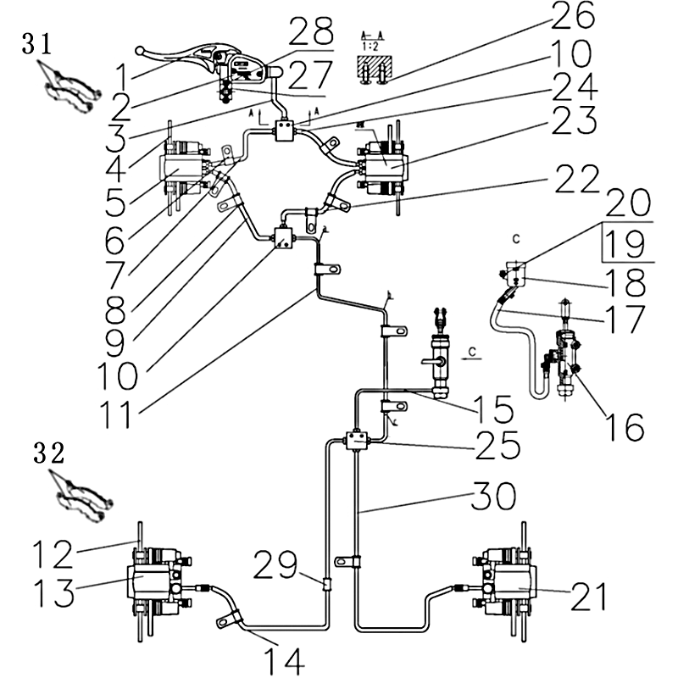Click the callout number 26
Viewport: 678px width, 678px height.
(x=574, y=16)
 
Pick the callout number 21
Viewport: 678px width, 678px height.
(x=588, y=598)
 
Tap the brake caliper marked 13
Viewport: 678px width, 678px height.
(x=158, y=585)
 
